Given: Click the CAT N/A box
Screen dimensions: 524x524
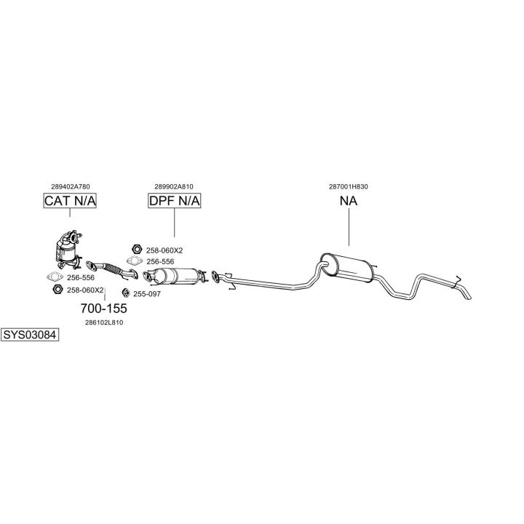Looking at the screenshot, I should click(x=70, y=200).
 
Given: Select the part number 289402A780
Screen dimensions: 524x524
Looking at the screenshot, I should click(x=71, y=186).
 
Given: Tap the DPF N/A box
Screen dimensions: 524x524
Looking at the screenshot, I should click(x=174, y=200).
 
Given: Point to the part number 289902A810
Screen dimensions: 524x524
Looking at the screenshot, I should click(x=174, y=186).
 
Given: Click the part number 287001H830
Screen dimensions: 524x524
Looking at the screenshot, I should click(x=349, y=186).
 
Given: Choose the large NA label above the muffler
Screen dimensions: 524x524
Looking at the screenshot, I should click(x=349, y=201).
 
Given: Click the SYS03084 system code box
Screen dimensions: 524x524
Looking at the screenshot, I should click(x=30, y=336).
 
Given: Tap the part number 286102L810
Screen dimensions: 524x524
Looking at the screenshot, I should click(x=104, y=322).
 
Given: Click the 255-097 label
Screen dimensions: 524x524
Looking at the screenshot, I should click(x=147, y=294).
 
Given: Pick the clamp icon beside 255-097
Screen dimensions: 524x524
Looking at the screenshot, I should click(x=126, y=293).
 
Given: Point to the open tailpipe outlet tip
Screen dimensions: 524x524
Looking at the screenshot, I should click(x=469, y=295).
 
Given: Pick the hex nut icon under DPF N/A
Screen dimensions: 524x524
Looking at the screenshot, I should click(x=135, y=250).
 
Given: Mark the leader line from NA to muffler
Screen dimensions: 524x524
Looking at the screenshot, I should click(x=349, y=229).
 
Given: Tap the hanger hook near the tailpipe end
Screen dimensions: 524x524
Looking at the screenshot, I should click(x=457, y=279).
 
